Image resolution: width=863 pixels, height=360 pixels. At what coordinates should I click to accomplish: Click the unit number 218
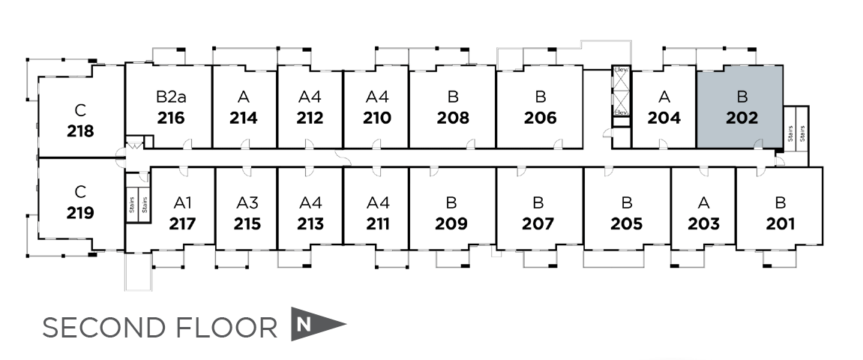(80, 131)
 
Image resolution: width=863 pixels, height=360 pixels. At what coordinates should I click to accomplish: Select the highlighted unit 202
(741, 106)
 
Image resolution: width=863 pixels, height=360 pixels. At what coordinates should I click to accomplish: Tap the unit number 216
(171, 118)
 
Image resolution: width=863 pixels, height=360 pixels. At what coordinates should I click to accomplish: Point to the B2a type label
(171, 97)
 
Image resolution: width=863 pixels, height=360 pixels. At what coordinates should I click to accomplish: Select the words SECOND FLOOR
(160, 328)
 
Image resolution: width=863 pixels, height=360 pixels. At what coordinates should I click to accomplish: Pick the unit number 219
(80, 212)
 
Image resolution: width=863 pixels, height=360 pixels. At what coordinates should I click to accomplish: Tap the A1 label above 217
(183, 202)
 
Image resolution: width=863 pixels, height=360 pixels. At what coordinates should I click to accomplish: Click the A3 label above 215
(247, 202)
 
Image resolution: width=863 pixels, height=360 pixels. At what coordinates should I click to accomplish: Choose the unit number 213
(310, 223)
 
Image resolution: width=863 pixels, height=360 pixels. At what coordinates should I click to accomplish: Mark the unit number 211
(378, 223)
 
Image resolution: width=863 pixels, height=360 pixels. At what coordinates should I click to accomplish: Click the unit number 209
(451, 223)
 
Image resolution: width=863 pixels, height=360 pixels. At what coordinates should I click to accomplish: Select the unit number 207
(538, 223)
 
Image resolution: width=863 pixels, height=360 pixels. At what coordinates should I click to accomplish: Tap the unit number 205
(627, 223)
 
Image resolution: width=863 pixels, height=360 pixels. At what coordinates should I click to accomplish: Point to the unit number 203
(703, 223)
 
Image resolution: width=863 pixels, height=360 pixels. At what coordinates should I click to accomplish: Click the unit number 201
(781, 223)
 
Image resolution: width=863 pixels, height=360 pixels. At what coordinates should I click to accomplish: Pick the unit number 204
(664, 118)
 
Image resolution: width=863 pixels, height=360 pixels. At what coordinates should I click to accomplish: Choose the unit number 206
(541, 118)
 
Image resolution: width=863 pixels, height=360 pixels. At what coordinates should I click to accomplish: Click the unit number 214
(244, 118)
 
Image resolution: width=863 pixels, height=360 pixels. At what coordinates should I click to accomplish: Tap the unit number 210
(377, 118)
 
